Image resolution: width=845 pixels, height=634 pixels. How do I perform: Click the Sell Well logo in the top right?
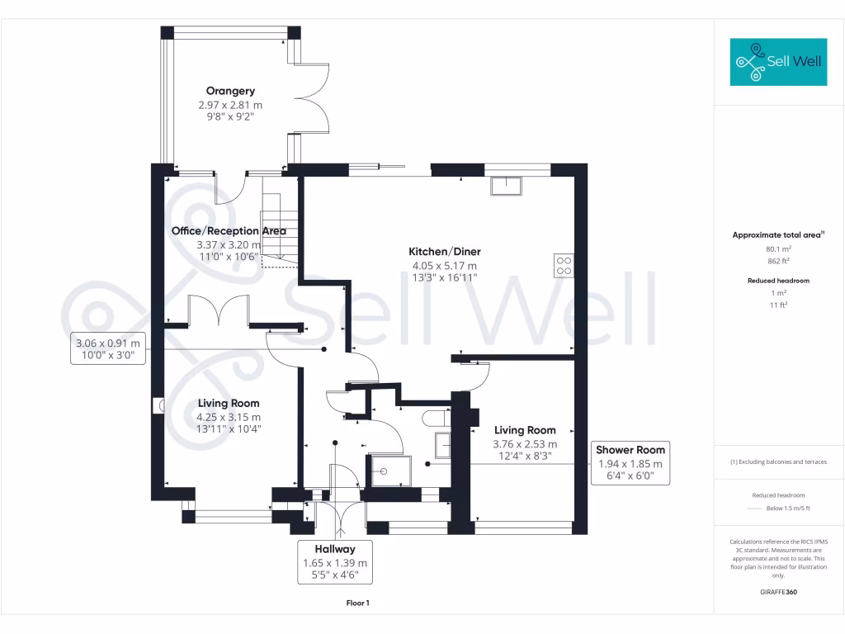click(778, 62)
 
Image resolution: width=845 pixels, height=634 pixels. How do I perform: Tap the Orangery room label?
click(230, 91)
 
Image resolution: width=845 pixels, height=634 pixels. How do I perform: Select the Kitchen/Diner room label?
click(445, 252)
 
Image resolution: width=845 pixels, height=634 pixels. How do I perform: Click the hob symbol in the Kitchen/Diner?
click(564, 266)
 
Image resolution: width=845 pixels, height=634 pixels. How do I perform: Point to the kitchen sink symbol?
click(506, 186)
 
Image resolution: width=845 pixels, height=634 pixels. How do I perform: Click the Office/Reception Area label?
click(228, 231)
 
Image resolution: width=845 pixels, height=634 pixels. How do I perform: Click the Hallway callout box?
click(334, 562)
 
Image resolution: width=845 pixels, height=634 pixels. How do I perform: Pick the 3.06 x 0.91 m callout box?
click(108, 350)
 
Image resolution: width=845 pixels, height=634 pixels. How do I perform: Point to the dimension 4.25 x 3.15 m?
click(229, 418)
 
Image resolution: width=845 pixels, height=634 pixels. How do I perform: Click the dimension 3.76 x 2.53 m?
click(525, 443)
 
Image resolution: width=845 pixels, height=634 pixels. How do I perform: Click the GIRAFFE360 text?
click(777, 592)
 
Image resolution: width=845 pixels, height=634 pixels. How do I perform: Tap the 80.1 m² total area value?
click(777, 248)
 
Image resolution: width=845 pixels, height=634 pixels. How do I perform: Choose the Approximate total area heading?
click(777, 235)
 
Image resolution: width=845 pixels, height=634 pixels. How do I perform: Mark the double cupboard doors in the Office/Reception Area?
click(220, 311)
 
